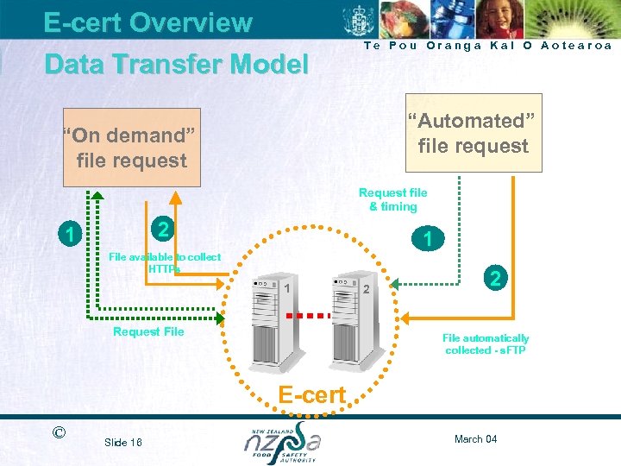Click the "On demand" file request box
[x=132, y=148]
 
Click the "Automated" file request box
[x=474, y=134]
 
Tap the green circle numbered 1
[x=67, y=234]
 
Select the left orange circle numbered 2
[x=160, y=229]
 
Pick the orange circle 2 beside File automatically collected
[x=495, y=278]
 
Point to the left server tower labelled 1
[x=265, y=320]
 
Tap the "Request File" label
[x=148, y=331]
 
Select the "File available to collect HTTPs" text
[x=164, y=263]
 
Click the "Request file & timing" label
[x=392, y=199]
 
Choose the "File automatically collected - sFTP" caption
[x=486, y=344]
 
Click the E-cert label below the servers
[x=311, y=395]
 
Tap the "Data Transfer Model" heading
[x=176, y=64]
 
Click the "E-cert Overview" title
[x=147, y=22]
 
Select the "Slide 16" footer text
[x=122, y=442]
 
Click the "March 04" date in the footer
[x=474, y=439]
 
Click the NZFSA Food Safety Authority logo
[x=282, y=442]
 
